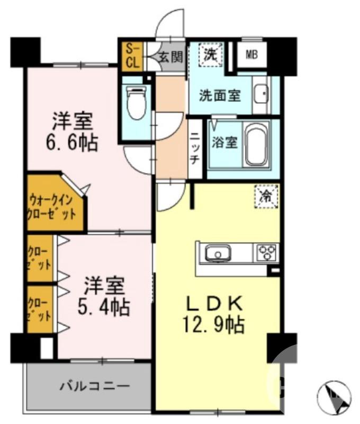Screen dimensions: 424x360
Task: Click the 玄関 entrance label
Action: pyautogui.click(x=170, y=56)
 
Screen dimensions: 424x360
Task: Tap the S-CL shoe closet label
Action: pyautogui.click(x=132, y=56)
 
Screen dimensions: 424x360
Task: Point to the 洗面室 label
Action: pyautogui.click(x=220, y=96)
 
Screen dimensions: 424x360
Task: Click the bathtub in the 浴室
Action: pyautogui.click(x=257, y=144)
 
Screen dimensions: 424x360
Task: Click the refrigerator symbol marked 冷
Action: pyautogui.click(x=266, y=196)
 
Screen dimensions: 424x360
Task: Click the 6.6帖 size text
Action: pyautogui.click(x=74, y=143)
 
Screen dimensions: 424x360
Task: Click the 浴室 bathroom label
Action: pyautogui.click(x=224, y=143)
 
